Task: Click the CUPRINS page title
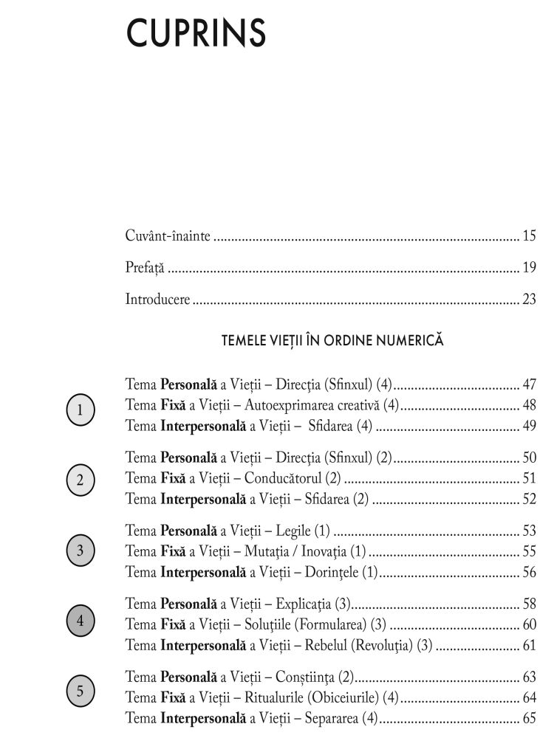coord(196,32)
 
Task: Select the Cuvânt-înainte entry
coord(168,236)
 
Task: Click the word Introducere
coord(157,300)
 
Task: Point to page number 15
coord(529,236)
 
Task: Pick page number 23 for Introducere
coord(529,300)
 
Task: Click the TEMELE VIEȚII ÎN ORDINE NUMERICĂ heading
coord(332,341)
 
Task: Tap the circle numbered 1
coord(80,410)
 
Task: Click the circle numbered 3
coord(80,550)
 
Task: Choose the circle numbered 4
coord(80,621)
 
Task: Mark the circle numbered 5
coord(80,692)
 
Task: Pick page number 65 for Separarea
coord(529,717)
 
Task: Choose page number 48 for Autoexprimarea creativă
coord(529,404)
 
